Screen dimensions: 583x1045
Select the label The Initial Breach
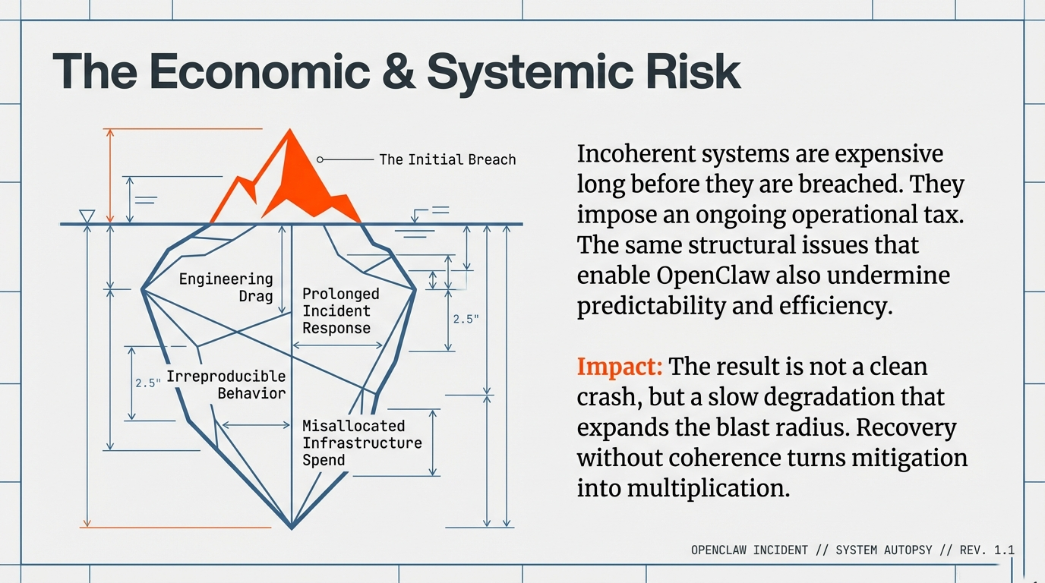447,159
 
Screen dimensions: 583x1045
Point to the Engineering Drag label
226,287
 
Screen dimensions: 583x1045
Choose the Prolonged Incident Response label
340,310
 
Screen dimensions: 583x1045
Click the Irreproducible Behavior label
226,384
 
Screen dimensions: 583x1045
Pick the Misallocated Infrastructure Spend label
361,443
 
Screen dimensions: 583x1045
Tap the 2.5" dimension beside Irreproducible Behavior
148,383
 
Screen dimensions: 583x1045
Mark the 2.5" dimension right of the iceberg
466,319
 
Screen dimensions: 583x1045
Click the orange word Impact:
620,367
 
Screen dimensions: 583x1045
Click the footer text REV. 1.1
987,550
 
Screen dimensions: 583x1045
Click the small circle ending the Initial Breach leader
320,159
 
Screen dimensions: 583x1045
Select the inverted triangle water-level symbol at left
87,216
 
